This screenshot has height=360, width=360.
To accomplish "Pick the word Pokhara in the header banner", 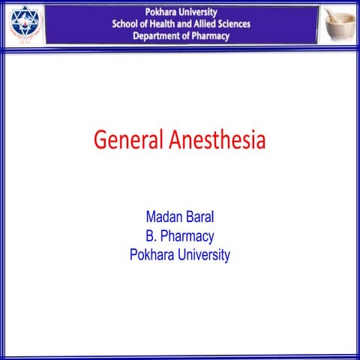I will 161,13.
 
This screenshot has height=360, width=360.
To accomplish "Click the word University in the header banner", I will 199,13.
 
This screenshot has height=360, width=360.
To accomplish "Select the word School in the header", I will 126,24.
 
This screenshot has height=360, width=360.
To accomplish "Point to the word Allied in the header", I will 214,24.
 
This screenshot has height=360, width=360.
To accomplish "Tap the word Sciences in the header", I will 251,24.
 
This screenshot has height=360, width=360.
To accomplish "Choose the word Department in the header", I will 159,35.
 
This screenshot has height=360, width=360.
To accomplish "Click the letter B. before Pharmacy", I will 151,236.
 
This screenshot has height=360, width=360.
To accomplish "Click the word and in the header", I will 191,24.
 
